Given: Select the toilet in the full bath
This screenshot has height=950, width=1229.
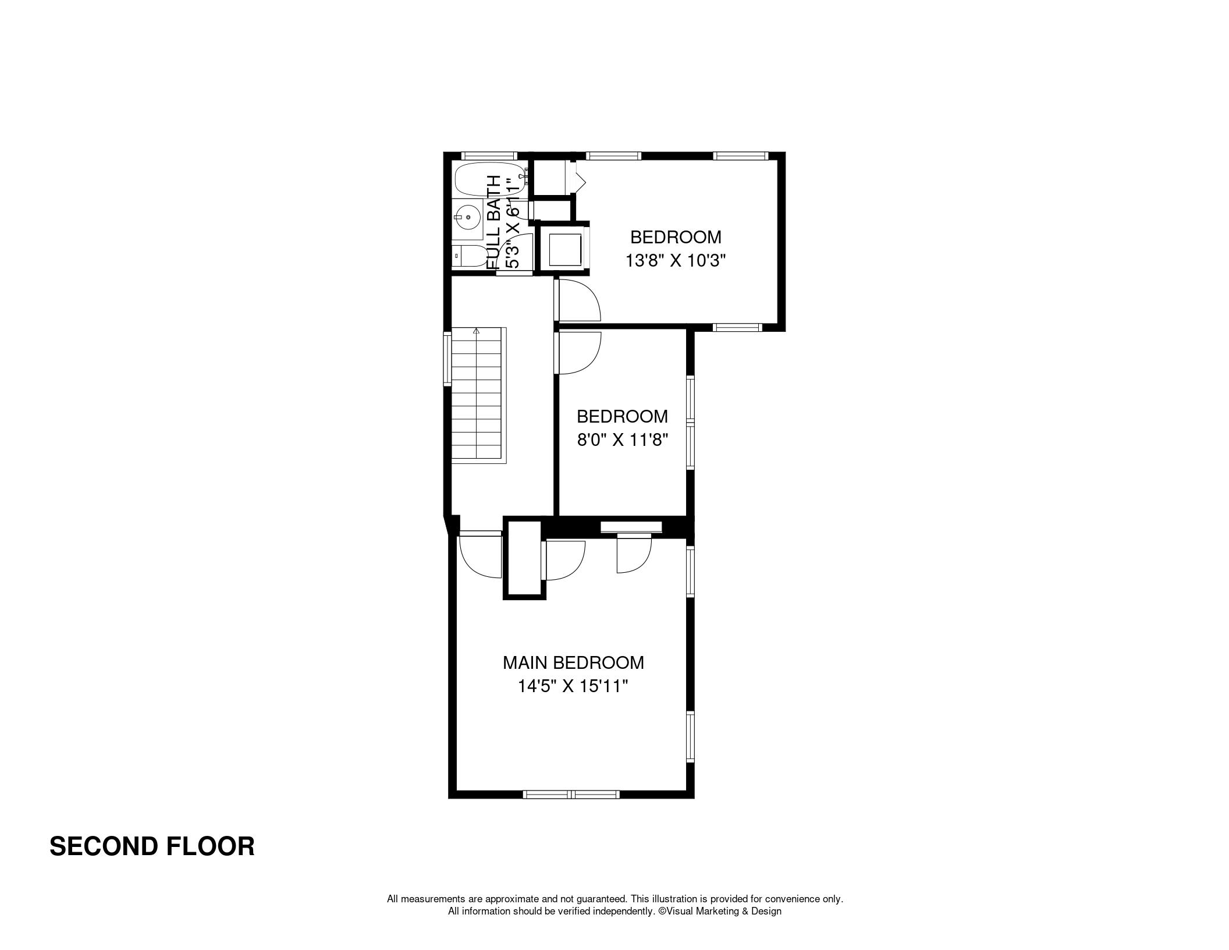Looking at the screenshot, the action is [469, 256].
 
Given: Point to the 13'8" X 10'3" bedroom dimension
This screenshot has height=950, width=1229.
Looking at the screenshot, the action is [676, 260].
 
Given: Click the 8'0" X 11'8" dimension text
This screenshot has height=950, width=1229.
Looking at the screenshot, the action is [622, 439].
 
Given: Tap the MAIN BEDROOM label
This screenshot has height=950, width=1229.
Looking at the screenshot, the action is [573, 662].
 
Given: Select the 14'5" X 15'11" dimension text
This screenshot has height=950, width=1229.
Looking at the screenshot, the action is [573, 687].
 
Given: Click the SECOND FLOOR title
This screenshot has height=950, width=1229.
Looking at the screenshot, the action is [152, 846].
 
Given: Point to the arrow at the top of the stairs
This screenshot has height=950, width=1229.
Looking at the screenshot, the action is [477, 331].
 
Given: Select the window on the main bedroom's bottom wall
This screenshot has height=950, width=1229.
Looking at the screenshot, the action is [571, 794].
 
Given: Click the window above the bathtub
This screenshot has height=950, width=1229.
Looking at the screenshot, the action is [489, 156].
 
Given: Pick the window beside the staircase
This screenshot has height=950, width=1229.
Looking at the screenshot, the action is [447, 359].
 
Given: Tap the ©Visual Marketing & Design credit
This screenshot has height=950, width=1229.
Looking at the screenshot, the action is [720, 911].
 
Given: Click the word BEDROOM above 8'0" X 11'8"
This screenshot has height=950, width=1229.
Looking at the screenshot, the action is [622, 416].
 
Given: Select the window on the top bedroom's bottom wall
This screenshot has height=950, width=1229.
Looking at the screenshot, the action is [737, 328].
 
